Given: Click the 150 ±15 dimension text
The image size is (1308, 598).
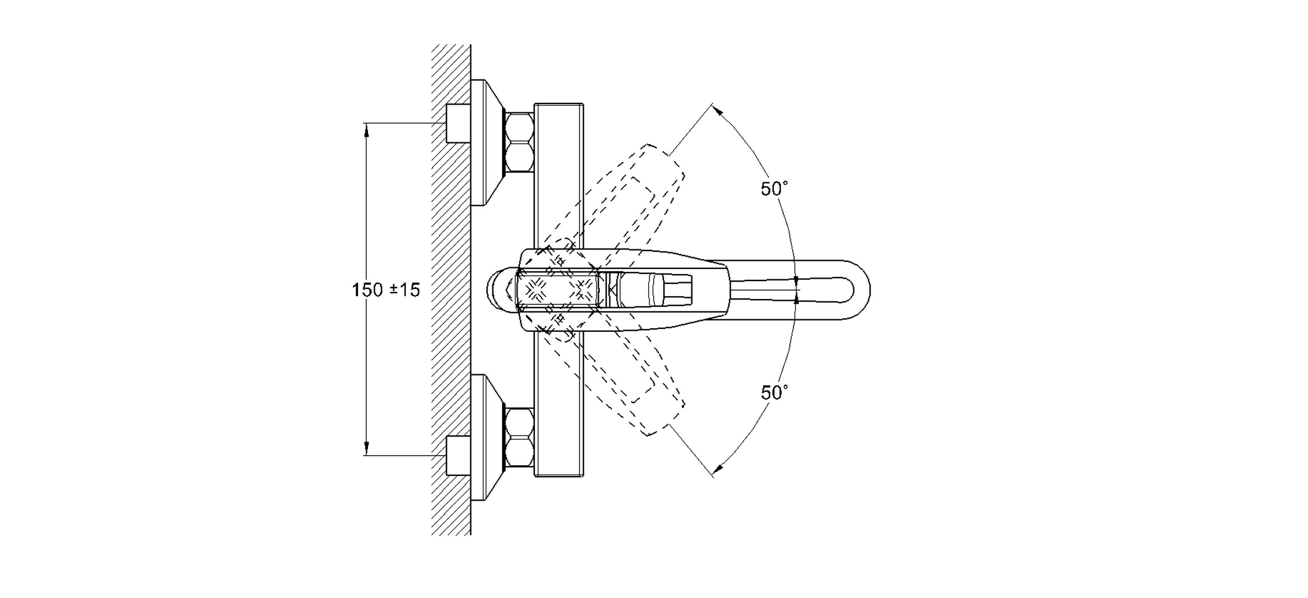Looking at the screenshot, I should click(x=385, y=290).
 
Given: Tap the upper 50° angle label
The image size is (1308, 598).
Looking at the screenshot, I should click(x=774, y=189).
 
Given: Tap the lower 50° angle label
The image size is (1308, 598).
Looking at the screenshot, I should click(x=774, y=393).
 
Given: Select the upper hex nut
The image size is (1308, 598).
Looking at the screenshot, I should click(x=519, y=142).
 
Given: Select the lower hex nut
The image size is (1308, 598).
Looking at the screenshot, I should click(x=519, y=438).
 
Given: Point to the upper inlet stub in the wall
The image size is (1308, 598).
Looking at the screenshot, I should click(x=458, y=123).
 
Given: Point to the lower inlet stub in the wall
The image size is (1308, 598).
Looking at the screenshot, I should click(x=458, y=456).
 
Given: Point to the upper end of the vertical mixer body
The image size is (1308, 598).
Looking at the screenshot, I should click(x=559, y=114).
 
